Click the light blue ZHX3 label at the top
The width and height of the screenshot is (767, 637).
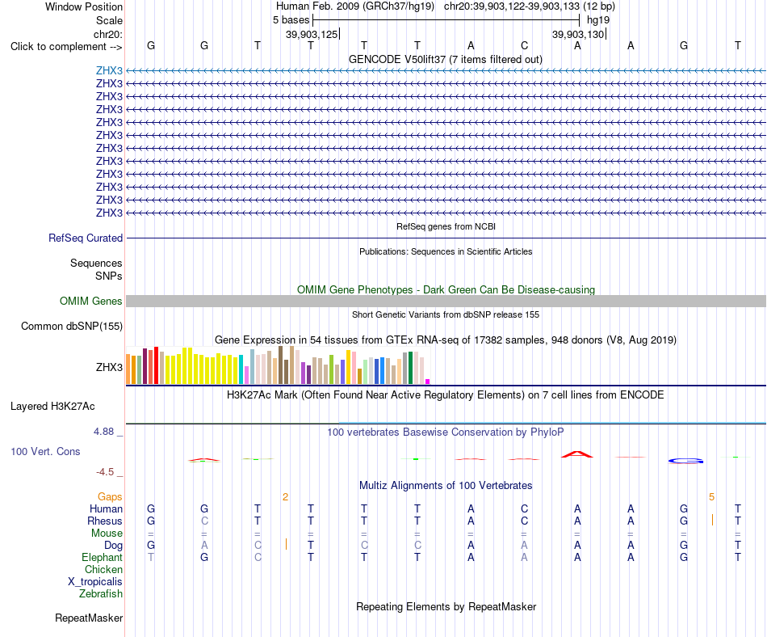[109, 70]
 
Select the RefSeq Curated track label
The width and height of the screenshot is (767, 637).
[86, 238]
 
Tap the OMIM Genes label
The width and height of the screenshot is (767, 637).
[91, 301]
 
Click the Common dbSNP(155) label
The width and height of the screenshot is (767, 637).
[72, 326]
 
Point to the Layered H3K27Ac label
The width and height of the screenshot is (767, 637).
[52, 407]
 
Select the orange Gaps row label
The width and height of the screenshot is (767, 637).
[110, 497]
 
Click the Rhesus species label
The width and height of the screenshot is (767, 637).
[105, 521]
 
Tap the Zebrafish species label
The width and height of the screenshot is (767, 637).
[101, 594]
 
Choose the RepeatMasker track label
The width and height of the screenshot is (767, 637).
[89, 618]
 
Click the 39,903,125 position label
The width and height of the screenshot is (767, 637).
[312, 34]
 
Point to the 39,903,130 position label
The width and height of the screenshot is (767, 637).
[578, 34]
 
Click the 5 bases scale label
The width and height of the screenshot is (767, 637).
[291, 20]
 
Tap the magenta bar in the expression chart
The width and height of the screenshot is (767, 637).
[428, 382]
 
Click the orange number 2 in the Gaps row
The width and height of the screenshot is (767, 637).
[285, 497]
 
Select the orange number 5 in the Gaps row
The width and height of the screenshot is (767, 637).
[712, 497]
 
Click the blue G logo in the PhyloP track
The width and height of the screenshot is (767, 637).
[685, 461]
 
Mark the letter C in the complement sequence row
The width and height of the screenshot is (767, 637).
[524, 45]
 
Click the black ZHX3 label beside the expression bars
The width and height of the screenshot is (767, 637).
[109, 367]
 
